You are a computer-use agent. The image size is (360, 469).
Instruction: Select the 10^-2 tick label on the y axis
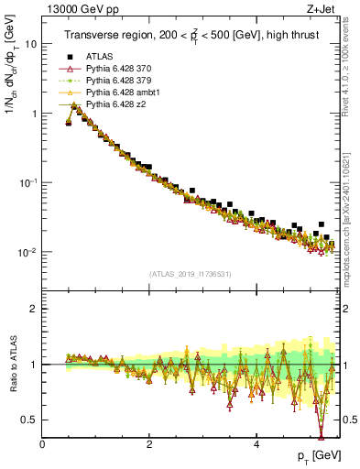pos(27,252)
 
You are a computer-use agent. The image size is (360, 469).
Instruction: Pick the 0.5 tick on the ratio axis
pos(29,420)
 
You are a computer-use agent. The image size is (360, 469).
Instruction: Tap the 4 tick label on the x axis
pos(256,443)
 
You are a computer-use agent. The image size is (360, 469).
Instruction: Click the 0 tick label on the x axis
pos(42,443)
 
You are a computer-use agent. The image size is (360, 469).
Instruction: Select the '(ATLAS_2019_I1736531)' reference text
pos(190,274)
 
